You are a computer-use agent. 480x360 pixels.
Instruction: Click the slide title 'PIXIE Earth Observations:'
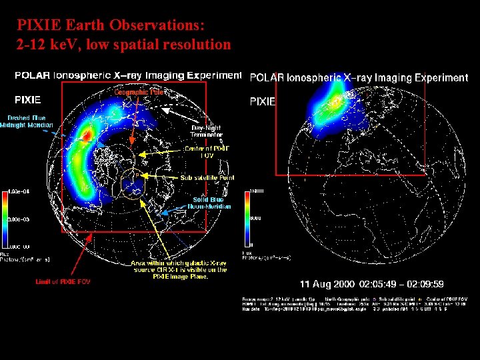coord(111,26)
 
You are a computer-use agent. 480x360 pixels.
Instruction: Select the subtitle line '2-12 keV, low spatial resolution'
coord(124,45)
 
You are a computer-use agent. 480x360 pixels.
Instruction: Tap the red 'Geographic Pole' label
coord(139,92)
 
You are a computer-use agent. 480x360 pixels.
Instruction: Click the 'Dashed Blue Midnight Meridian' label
coord(27,121)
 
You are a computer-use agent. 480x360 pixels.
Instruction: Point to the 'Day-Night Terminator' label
coord(207,131)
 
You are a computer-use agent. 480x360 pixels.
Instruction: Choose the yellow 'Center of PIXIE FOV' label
coord(207,152)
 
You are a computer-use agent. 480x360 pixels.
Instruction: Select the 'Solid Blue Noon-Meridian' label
coord(212,203)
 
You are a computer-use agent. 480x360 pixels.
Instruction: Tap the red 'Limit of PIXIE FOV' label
coord(63,281)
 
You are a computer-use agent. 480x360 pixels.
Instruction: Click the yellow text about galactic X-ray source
coord(179,269)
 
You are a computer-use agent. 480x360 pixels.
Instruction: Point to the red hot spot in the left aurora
coord(86,135)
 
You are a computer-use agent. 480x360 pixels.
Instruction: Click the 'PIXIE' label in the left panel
coord(27,100)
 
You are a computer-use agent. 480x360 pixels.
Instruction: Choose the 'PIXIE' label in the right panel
coord(262,102)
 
